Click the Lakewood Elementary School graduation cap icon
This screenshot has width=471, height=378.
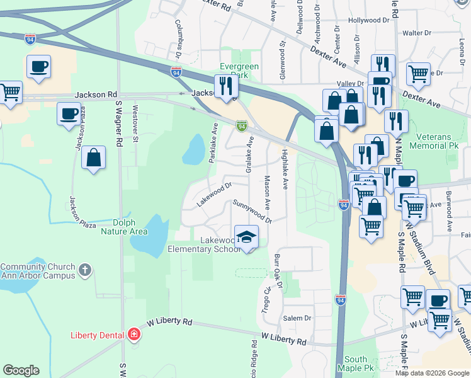(246, 238)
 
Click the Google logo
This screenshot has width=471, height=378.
(21, 370)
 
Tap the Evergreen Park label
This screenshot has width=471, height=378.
(239, 70)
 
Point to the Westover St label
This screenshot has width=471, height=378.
(135, 127)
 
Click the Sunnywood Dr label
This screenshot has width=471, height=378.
(252, 211)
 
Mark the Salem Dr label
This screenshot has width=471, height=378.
(297, 318)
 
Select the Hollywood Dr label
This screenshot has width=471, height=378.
(368, 20)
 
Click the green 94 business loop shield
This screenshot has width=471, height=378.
(241, 126)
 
